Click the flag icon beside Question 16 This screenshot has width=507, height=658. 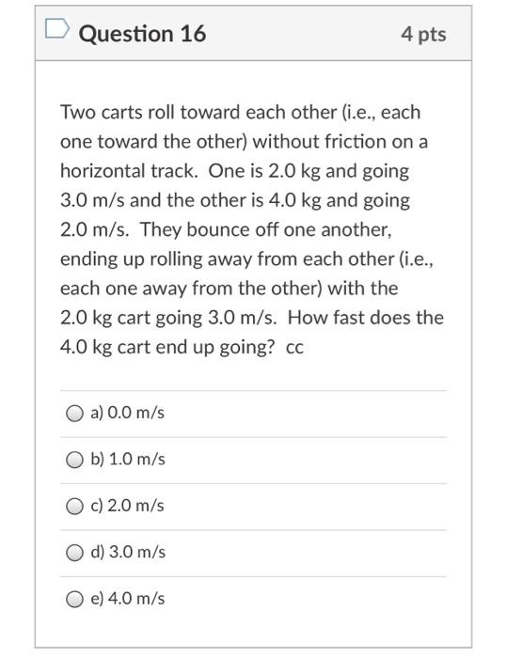57,34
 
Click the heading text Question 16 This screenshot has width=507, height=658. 142,34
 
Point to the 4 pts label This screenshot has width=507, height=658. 423,34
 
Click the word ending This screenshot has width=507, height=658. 87,258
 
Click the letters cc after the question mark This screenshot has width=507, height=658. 294,347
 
